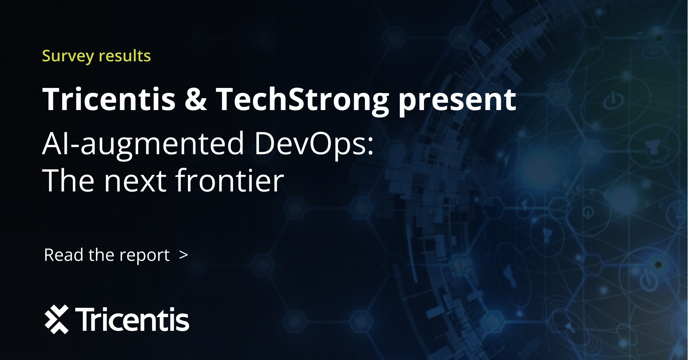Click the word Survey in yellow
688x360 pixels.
tap(68, 57)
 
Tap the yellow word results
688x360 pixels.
tap(125, 56)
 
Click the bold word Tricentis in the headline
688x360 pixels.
tap(109, 99)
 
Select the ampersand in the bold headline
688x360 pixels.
tap(196, 99)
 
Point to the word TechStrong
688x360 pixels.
tap(303, 101)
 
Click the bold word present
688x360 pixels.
tap(457, 101)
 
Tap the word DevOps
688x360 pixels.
tap(310, 144)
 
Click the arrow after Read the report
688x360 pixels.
tap(184, 255)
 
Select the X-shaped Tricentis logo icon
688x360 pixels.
tap(57, 319)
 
